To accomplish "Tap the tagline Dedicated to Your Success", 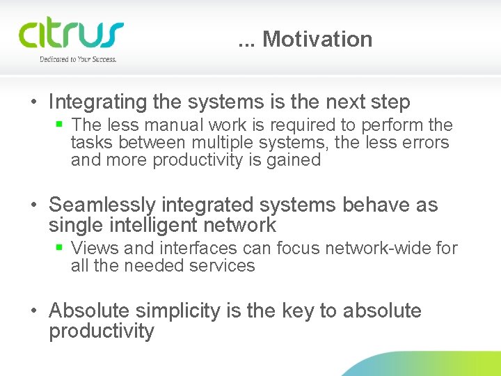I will pyautogui.click(x=78, y=60).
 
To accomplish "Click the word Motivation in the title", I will pyautogui.click(x=317, y=40).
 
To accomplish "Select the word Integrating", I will pyautogui.click(x=98, y=102).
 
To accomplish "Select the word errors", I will pyautogui.click(x=424, y=143).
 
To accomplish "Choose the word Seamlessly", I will pyautogui.click(x=102, y=205).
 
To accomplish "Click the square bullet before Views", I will pyautogui.click(x=60, y=248).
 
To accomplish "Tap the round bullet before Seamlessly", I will pyautogui.click(x=33, y=205).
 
